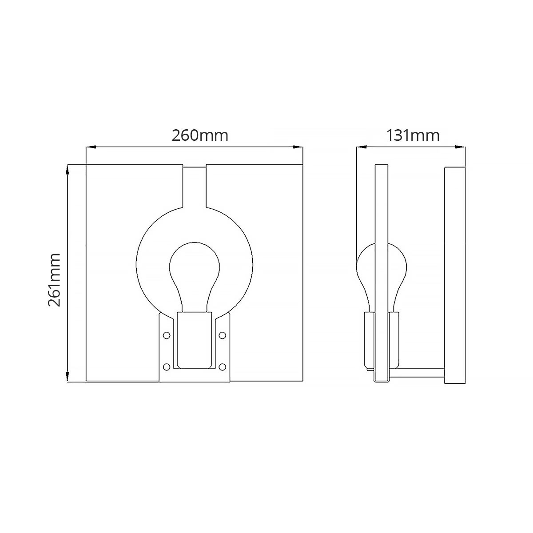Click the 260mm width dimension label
tap(200, 135)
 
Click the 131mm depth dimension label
tap(413, 135)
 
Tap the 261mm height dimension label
tap(54, 280)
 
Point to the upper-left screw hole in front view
tap(167, 335)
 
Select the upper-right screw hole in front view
tap(222, 335)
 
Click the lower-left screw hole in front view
tap(167, 367)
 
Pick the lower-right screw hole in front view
tap(222, 367)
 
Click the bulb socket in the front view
tap(195, 340)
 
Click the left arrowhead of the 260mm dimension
tap(91, 147)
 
